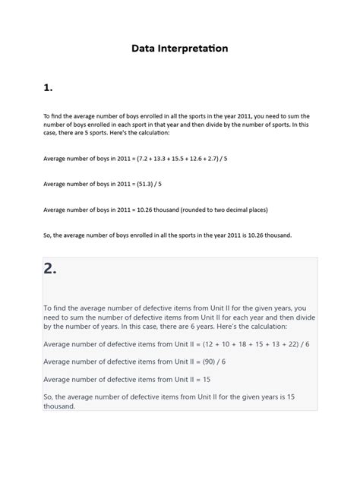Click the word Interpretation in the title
point(194,49)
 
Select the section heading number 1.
point(48,88)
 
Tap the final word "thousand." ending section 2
point(59,406)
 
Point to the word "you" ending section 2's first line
point(301,308)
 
